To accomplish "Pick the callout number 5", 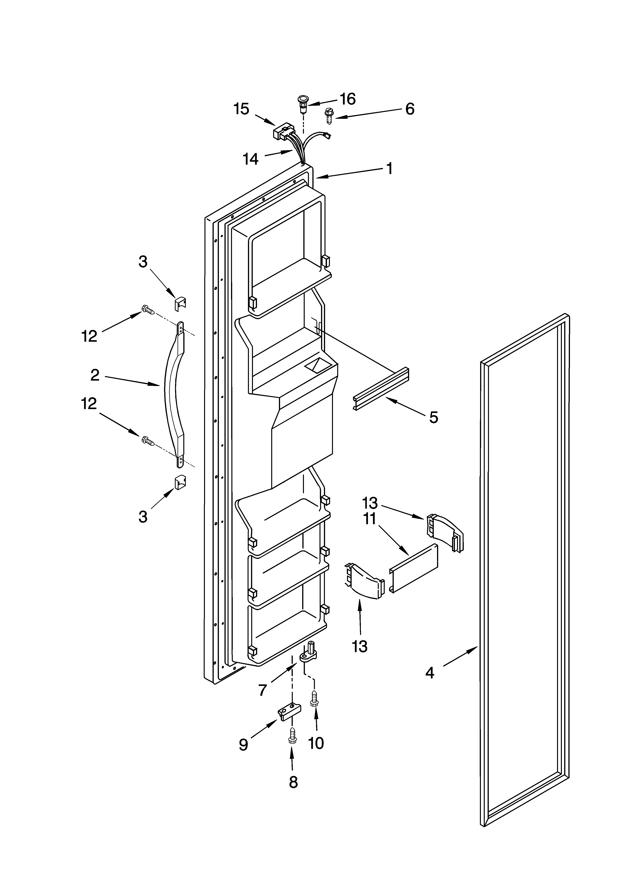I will (433, 418).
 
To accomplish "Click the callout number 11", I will (370, 519).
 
